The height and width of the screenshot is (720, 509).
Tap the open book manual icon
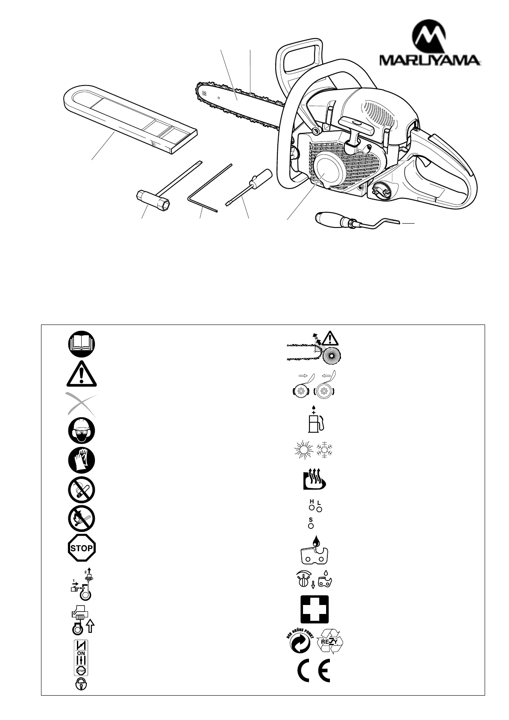point(81,344)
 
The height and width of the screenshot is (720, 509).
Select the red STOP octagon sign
point(81,548)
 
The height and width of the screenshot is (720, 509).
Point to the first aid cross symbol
point(315,609)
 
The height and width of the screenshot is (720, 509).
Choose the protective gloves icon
point(81,460)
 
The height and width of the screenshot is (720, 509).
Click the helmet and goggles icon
point(81,431)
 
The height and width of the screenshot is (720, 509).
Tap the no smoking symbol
point(81,490)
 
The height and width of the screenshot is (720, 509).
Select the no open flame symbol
point(81,519)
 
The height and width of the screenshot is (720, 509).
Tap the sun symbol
point(303,450)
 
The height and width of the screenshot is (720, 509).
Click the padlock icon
point(81,684)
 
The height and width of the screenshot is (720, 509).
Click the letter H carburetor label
point(312,501)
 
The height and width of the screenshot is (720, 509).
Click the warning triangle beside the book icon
point(81,373)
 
